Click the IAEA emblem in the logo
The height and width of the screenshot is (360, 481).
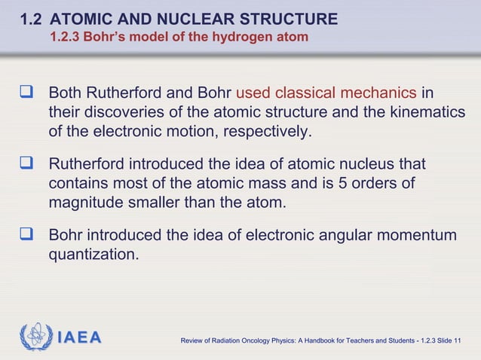(35, 336)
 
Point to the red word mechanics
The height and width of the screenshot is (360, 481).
(378, 94)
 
